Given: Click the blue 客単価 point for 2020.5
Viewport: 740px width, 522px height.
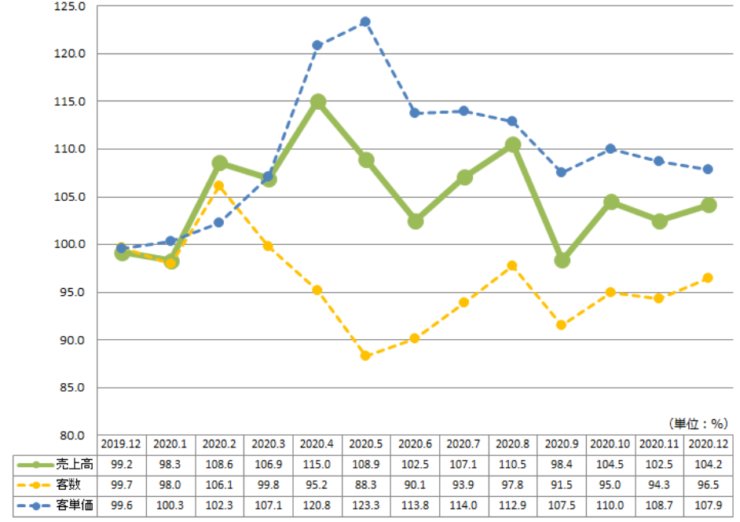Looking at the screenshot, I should click(x=365, y=22).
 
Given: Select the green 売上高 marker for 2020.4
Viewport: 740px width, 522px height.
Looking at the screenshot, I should click(x=317, y=102).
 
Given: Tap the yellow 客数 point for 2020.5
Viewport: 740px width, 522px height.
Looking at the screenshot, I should click(x=365, y=356).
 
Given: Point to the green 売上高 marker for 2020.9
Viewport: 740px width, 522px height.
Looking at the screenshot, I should click(x=562, y=260).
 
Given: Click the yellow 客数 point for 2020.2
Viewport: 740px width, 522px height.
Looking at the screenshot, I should click(x=219, y=186).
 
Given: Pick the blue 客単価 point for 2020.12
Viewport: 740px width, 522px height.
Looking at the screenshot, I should click(x=708, y=169).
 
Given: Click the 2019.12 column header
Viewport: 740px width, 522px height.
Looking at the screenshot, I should click(x=122, y=444).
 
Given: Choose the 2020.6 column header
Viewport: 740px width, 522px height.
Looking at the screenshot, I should click(x=415, y=444).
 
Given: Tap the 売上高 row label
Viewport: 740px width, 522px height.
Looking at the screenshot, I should click(x=77, y=464).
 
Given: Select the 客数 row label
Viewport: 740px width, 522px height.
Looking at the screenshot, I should click(x=77, y=484).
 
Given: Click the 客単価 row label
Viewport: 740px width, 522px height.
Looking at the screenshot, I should click(x=77, y=505).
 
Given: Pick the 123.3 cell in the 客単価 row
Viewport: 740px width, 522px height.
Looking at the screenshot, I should click(x=366, y=505).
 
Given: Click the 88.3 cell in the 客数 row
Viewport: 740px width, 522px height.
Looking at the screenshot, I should click(x=366, y=484).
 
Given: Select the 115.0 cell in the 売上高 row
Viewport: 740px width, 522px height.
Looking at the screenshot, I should click(x=317, y=464).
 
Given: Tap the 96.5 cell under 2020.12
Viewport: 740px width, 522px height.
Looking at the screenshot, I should click(x=708, y=484).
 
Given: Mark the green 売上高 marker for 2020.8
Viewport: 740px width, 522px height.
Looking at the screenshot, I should click(x=512, y=144).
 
